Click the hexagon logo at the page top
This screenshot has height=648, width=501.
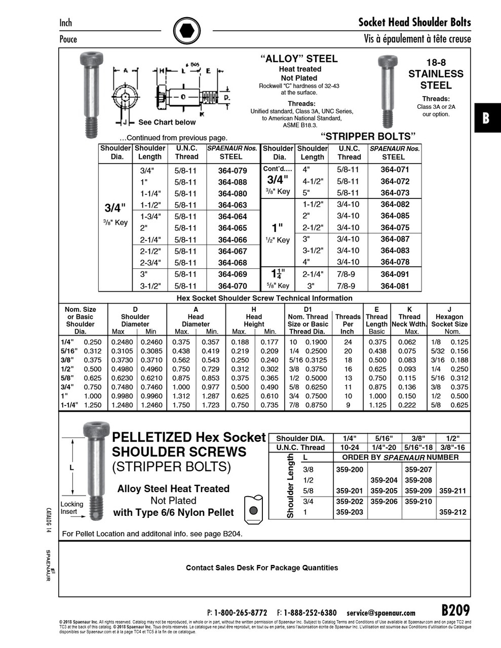[x=187, y=31]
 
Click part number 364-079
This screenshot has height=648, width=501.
[x=233, y=171]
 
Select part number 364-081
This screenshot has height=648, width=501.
[x=395, y=286]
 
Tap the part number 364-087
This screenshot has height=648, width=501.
[x=395, y=239]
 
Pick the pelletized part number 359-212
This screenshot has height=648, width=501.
[x=452, y=512]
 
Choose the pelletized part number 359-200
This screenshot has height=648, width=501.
[x=350, y=469]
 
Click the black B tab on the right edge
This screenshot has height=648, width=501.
[x=486, y=118]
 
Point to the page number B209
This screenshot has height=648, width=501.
[x=455, y=610]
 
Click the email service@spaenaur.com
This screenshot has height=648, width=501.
[x=381, y=613]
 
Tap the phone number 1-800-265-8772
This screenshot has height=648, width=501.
[x=241, y=613]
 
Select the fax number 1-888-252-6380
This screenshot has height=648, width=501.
[x=310, y=613]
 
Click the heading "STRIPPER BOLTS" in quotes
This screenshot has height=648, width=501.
[x=368, y=136]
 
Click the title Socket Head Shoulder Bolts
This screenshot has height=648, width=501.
[x=414, y=22]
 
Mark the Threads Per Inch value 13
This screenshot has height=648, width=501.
[x=348, y=378]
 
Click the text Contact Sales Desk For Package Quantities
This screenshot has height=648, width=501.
[x=262, y=568]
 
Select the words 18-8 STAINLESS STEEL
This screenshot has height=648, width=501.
[x=436, y=74]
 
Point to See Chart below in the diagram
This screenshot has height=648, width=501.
[x=167, y=122]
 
